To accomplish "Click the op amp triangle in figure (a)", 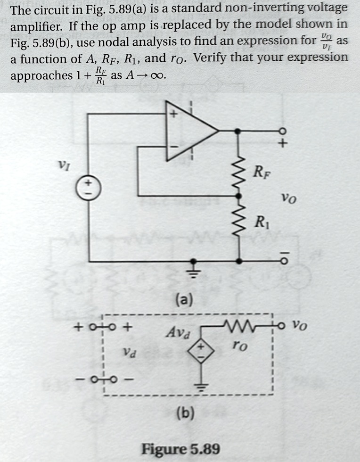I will pyautogui.click(x=188, y=131).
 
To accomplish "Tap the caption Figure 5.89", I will pyautogui.click(x=180, y=448).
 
